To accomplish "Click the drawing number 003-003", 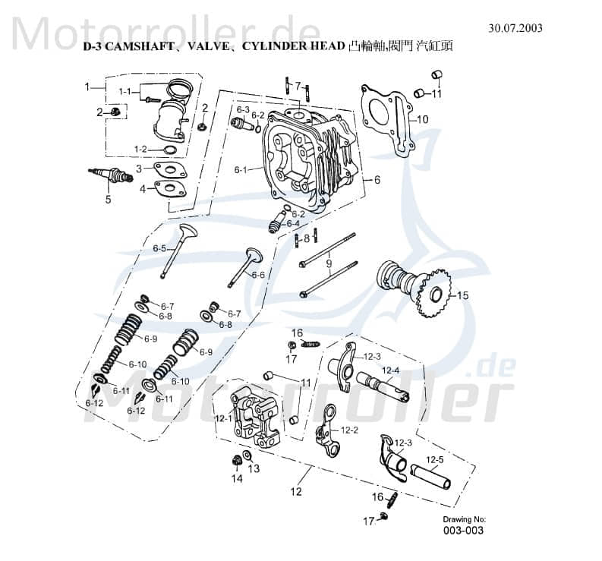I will [463, 531].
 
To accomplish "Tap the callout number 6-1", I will [241, 169].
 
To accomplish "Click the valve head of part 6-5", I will [188, 231].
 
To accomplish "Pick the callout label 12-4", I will [390, 370].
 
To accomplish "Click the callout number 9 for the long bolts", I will [328, 263].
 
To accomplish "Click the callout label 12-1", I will [224, 417].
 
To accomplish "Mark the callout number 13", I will [254, 468].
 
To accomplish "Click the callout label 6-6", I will [258, 275].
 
